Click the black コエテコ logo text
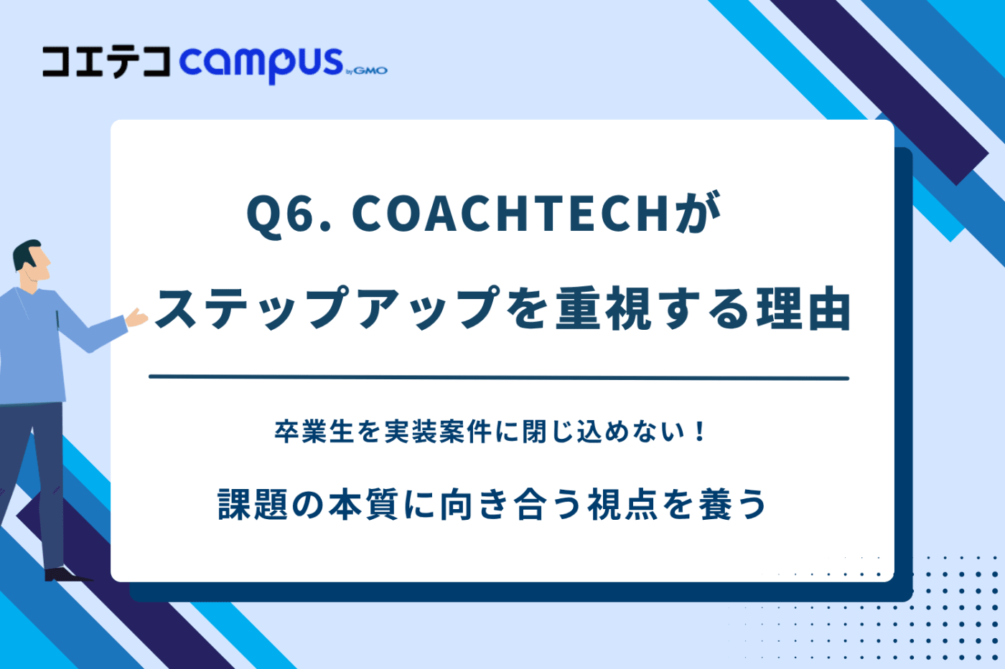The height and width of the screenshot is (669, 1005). (106, 62)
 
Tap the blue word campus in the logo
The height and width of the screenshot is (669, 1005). (261, 65)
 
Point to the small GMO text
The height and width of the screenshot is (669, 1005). (370, 71)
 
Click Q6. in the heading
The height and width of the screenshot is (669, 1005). (289, 214)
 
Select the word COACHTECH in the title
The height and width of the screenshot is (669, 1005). (510, 214)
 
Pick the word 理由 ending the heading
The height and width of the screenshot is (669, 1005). (803, 308)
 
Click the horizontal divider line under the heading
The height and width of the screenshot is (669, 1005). (499, 378)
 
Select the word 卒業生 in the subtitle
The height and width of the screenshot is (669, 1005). (314, 432)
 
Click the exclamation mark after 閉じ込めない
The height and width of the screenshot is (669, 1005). (699, 432)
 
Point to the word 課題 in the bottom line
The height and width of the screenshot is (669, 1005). (252, 504)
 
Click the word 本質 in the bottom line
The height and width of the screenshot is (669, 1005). (363, 504)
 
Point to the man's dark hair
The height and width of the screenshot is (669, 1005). (25, 254)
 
